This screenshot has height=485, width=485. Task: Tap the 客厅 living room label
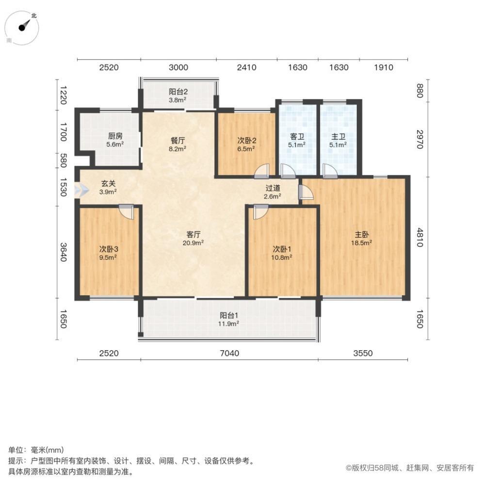coord(194,234)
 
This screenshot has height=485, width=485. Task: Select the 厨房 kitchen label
coord(115,136)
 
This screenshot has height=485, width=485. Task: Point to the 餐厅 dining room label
coord(178,141)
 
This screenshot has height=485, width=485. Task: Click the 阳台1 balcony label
coord(229,316)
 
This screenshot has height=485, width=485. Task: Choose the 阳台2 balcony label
coord(178,92)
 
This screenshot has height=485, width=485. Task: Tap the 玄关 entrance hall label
coord(108,183)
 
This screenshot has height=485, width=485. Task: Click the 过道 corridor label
coord(273,188)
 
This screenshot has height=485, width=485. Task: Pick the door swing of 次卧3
coord(127,211)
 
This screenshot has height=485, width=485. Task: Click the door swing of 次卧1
coord(261,212)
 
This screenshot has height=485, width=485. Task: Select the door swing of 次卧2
coord(262,171)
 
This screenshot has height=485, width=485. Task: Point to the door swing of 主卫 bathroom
coord(330,171)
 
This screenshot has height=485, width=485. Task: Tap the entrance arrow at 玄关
coord(81,190)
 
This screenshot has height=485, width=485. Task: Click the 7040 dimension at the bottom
coord(229,353)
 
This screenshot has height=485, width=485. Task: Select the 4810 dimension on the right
coord(420,238)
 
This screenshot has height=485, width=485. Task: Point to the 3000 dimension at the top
coord(178,67)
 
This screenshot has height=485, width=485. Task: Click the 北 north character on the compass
coord(34,15)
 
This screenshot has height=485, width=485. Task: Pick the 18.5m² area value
coord(362,243)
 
